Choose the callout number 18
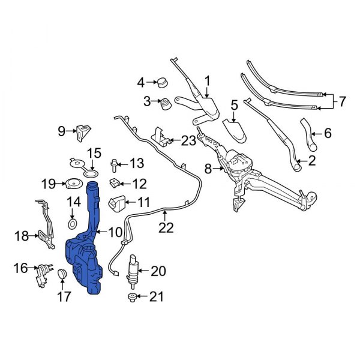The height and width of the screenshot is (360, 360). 21,236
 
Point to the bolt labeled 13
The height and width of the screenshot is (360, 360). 115,163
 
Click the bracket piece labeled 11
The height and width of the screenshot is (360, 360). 115,203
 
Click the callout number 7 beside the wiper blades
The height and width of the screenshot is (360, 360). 342,102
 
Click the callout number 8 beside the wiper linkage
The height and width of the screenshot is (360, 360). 208,170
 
